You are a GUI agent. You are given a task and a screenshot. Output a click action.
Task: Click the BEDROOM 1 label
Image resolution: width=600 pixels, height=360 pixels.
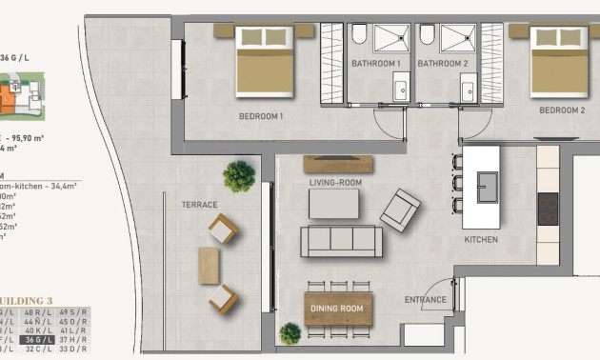tap(261, 116)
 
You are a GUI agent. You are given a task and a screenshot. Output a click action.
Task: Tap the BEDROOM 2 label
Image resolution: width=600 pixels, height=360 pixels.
tap(561, 110)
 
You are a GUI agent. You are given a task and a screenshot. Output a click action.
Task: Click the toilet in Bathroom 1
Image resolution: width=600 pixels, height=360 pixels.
tap(359, 35)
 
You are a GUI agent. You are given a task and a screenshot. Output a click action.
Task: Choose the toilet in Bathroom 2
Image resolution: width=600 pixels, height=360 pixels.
tap(426, 35)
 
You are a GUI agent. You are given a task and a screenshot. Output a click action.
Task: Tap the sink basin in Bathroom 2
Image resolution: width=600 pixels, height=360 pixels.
tap(469, 90)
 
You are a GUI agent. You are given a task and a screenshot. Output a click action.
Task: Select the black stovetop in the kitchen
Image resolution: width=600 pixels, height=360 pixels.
tap(548, 208)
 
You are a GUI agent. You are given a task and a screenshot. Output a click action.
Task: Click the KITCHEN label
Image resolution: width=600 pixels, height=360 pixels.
tap(480, 240)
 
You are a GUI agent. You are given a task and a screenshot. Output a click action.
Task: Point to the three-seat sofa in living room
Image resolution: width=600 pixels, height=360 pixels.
tap(341, 241)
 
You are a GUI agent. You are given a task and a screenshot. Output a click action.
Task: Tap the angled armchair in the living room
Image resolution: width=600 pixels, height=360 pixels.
tap(400, 208)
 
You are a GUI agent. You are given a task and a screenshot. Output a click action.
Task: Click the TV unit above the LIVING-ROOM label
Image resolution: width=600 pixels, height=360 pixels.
tap(338, 164)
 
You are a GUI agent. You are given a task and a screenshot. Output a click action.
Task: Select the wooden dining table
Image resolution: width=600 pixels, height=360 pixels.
tap(338, 309)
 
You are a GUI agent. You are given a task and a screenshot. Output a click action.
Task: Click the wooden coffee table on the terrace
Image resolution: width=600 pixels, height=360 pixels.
tap(209, 265)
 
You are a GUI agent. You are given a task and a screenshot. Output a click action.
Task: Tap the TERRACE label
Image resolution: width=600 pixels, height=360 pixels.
tap(199, 205)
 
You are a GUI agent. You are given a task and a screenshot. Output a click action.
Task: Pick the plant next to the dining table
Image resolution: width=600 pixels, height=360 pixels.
tap(290, 333)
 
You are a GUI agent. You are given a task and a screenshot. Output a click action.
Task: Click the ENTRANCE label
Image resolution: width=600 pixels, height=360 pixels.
tap(425, 301)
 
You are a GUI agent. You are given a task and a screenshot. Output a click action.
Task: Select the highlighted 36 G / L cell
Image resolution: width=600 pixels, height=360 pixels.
tap(39, 339)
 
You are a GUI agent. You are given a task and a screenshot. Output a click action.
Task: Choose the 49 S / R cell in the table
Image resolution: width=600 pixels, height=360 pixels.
tap(73, 311)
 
